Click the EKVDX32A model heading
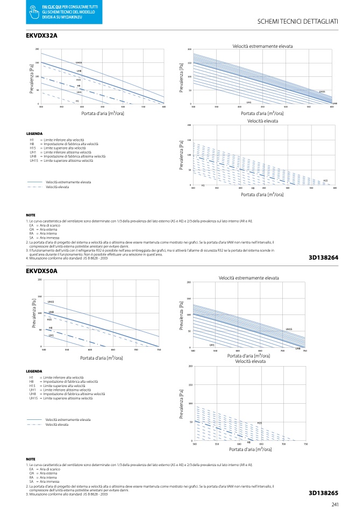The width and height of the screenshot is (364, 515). [x=41, y=35]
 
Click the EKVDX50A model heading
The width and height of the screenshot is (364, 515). [x=41, y=271]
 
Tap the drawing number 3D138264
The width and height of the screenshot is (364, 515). [x=324, y=257]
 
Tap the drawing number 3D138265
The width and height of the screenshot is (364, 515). [x=324, y=492]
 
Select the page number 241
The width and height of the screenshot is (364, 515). [x=334, y=504]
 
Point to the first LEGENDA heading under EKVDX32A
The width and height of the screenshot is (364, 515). [x=34, y=133]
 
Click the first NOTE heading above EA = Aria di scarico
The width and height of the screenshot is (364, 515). [x=31, y=214]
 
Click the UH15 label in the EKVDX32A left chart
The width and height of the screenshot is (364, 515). [x=78, y=63]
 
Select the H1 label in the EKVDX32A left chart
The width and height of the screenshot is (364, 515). [x=77, y=101]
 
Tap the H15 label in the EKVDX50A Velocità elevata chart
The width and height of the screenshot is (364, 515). [x=259, y=423]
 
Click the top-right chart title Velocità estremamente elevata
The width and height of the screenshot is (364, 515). [x=263, y=47]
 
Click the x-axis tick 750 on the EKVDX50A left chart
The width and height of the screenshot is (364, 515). [x=159, y=350]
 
